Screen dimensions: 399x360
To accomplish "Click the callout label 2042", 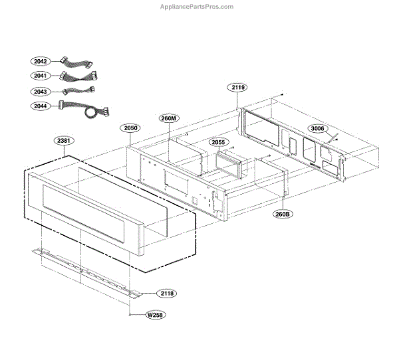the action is pyautogui.click(x=41, y=60).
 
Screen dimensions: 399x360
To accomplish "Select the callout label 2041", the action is pyautogui.click(x=41, y=76).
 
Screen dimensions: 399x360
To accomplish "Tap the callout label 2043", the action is pyautogui.click(x=41, y=91).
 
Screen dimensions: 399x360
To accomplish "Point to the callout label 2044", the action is pyautogui.click(x=41, y=106).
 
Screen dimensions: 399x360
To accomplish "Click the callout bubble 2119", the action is pyautogui.click(x=239, y=88).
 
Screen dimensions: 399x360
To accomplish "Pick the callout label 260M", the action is pyautogui.click(x=169, y=118).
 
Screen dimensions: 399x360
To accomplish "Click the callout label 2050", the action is pyautogui.click(x=130, y=127).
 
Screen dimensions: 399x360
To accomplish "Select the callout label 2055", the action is pyautogui.click(x=217, y=142).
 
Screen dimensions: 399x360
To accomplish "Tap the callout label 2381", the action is pyautogui.click(x=64, y=141).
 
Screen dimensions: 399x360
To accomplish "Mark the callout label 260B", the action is pyautogui.click(x=282, y=214).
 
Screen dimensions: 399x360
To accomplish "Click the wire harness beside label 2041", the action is pyautogui.click(x=78, y=76).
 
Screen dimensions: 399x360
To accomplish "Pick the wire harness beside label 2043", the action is pyautogui.click(x=78, y=90).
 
